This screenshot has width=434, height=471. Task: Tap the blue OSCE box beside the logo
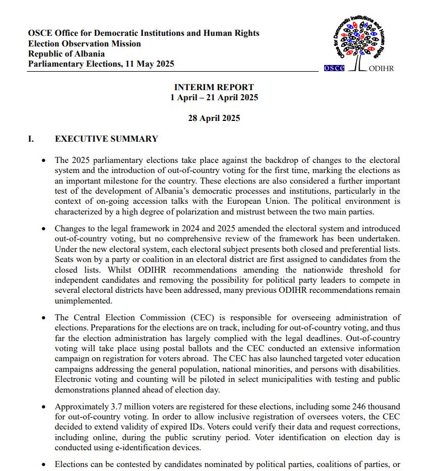point(334,68)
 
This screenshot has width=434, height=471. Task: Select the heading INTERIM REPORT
point(214,87)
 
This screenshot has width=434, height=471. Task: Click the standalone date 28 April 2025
point(214,118)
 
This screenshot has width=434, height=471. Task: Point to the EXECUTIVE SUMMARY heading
point(106,139)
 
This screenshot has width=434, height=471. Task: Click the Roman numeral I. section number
point(31,139)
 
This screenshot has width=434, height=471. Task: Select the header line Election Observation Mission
point(85,44)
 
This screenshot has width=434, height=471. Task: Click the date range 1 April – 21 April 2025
point(214,97)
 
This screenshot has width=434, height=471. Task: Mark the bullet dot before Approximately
point(44,407)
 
